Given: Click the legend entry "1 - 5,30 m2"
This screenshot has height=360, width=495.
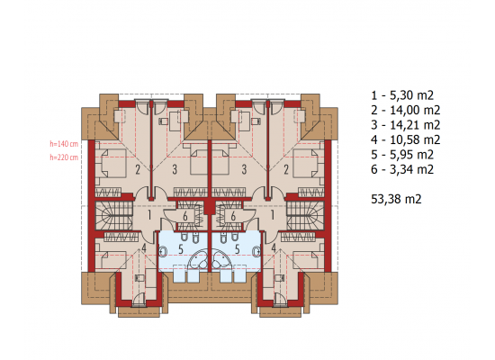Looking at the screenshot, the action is point(402,95).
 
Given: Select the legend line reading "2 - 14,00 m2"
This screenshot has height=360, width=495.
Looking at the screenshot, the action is point(406,110).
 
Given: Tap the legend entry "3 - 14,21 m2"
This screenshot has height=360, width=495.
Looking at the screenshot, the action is point(406,125).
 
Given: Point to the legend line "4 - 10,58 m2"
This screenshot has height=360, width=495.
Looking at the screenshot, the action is point(406,139).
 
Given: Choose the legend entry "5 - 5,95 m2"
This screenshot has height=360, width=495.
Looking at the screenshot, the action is point(402,155).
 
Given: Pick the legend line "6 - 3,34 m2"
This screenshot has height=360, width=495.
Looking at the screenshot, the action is point(402,169).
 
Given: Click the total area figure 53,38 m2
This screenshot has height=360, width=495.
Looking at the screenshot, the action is point(396,199).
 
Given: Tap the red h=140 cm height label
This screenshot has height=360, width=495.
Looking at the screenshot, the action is point(64,144).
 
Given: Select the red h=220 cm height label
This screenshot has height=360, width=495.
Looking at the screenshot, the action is point(64,157).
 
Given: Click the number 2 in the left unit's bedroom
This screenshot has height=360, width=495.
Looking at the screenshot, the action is point(138,170).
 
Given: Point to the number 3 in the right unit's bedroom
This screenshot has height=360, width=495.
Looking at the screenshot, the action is point(244,169).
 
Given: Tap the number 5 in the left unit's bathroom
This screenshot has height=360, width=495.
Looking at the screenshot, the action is point(181,249).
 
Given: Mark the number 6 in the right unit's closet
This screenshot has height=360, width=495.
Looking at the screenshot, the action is point(233,216).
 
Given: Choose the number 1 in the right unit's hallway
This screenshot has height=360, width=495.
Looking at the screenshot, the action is point(273,215).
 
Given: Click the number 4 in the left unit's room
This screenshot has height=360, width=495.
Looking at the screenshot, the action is point(144,247).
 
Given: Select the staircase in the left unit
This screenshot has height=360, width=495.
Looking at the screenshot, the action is point(114,216).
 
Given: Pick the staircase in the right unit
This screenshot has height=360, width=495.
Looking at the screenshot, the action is point(305,216).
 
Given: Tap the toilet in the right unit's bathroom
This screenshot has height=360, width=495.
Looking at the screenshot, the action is point(256,251).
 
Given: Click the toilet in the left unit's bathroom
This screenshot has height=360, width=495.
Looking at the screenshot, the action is point(163,251).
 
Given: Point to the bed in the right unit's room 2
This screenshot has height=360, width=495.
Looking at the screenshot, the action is point(309,163).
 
